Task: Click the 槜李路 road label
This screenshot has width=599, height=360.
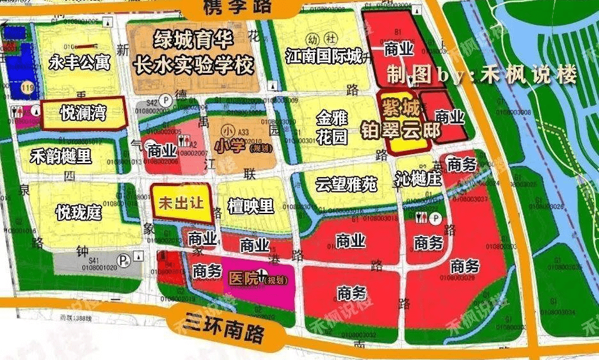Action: tap(236, 8)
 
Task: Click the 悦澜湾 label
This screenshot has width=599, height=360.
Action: tap(83, 114)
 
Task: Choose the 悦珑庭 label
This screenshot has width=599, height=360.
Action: tap(79, 212)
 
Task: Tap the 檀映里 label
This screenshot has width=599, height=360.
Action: tap(251, 206)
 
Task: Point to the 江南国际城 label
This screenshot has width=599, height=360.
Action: tap(324, 56)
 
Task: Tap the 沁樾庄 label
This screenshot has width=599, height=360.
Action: tap(419, 179)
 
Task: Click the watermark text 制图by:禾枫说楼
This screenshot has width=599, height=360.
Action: tap(482, 75)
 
